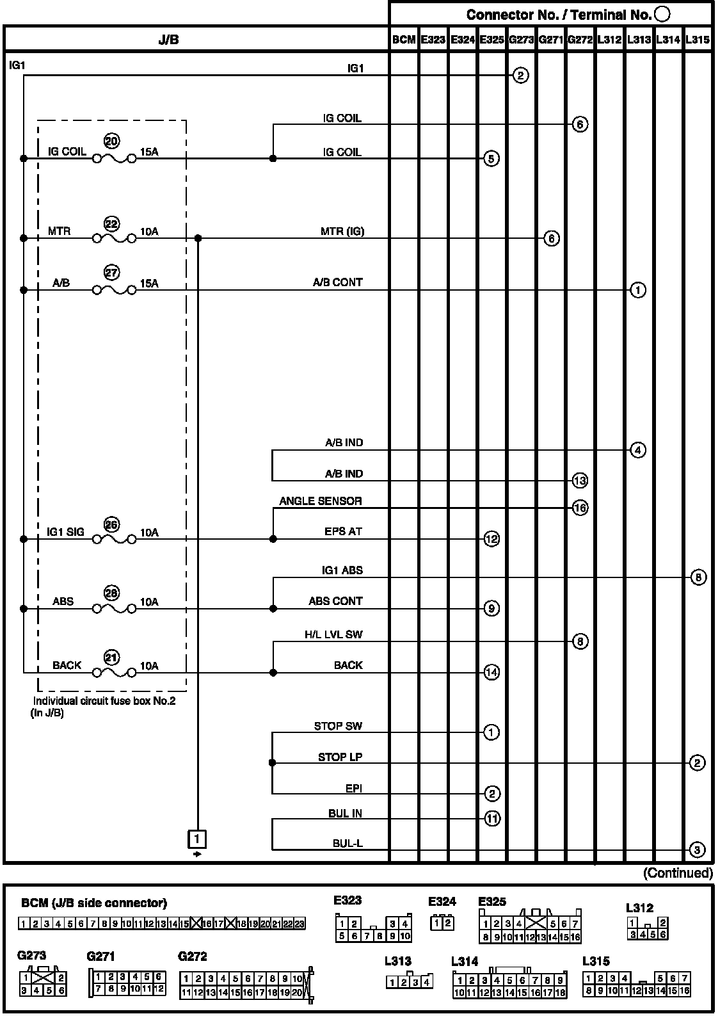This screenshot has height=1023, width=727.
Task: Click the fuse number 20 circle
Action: [x=111, y=141]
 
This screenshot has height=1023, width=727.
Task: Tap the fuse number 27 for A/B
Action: [x=111, y=273]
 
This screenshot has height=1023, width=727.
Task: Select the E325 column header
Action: [x=491, y=40]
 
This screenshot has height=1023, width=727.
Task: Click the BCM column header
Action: [x=404, y=40]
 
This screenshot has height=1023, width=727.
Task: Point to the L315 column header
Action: [x=697, y=40]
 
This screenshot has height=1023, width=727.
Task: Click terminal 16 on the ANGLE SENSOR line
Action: [x=580, y=508]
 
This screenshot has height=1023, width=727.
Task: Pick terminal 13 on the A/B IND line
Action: [x=580, y=481]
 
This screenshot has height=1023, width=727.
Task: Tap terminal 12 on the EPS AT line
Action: [x=491, y=539]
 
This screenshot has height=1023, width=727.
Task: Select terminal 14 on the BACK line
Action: [x=491, y=672]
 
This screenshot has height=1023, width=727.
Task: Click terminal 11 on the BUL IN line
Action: [x=491, y=818]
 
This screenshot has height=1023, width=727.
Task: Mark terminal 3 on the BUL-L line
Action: [x=698, y=850]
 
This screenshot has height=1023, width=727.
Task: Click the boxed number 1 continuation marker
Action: [x=197, y=838]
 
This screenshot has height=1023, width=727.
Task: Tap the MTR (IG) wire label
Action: [x=342, y=231]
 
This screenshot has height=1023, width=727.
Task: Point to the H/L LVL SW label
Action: [x=333, y=634]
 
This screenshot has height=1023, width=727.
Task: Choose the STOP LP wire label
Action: [x=340, y=757]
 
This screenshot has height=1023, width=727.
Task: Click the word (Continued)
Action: [x=677, y=873]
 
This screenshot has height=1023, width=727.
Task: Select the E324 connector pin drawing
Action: [x=442, y=922]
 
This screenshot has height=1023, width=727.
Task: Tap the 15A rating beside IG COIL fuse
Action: [x=149, y=152]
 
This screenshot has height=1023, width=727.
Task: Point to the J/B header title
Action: [x=168, y=40]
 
